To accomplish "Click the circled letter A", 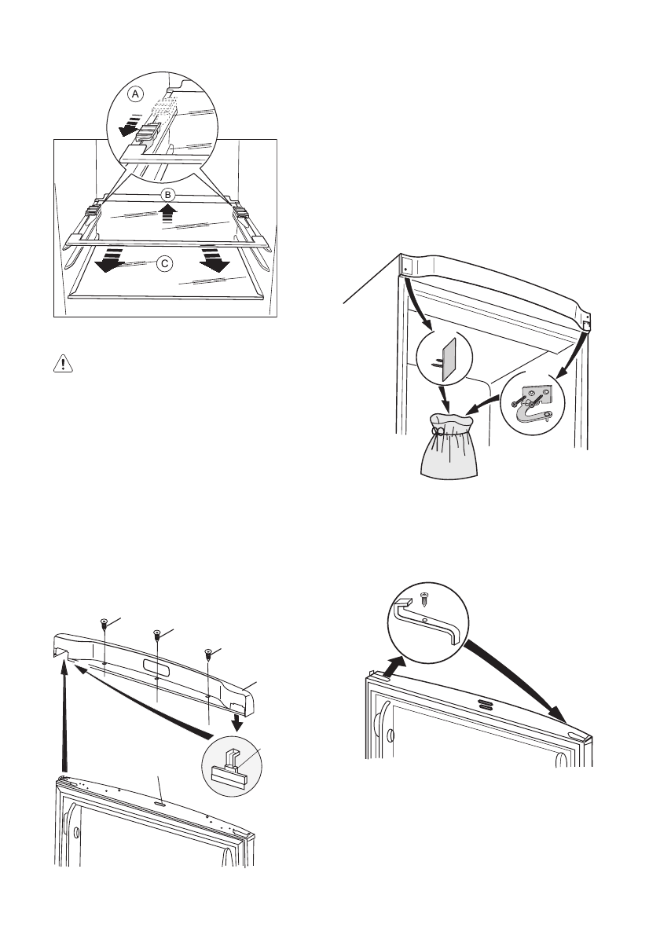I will pyautogui.click(x=136, y=93).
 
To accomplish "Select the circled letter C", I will pyautogui.click(x=164, y=264).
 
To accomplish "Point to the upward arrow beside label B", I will pyautogui.click(x=167, y=214).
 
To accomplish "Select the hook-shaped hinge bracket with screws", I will pyautogui.click(x=537, y=402).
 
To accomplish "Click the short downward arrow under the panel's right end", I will pyautogui.click(x=233, y=720).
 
